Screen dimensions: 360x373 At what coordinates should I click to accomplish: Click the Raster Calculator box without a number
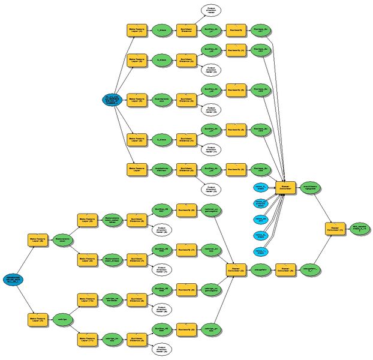[287, 188]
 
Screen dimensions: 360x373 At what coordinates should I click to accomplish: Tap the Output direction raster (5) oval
[211, 189]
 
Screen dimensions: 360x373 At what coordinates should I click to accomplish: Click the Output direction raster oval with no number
[211, 10]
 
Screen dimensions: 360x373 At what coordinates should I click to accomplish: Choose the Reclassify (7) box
[186, 248]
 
